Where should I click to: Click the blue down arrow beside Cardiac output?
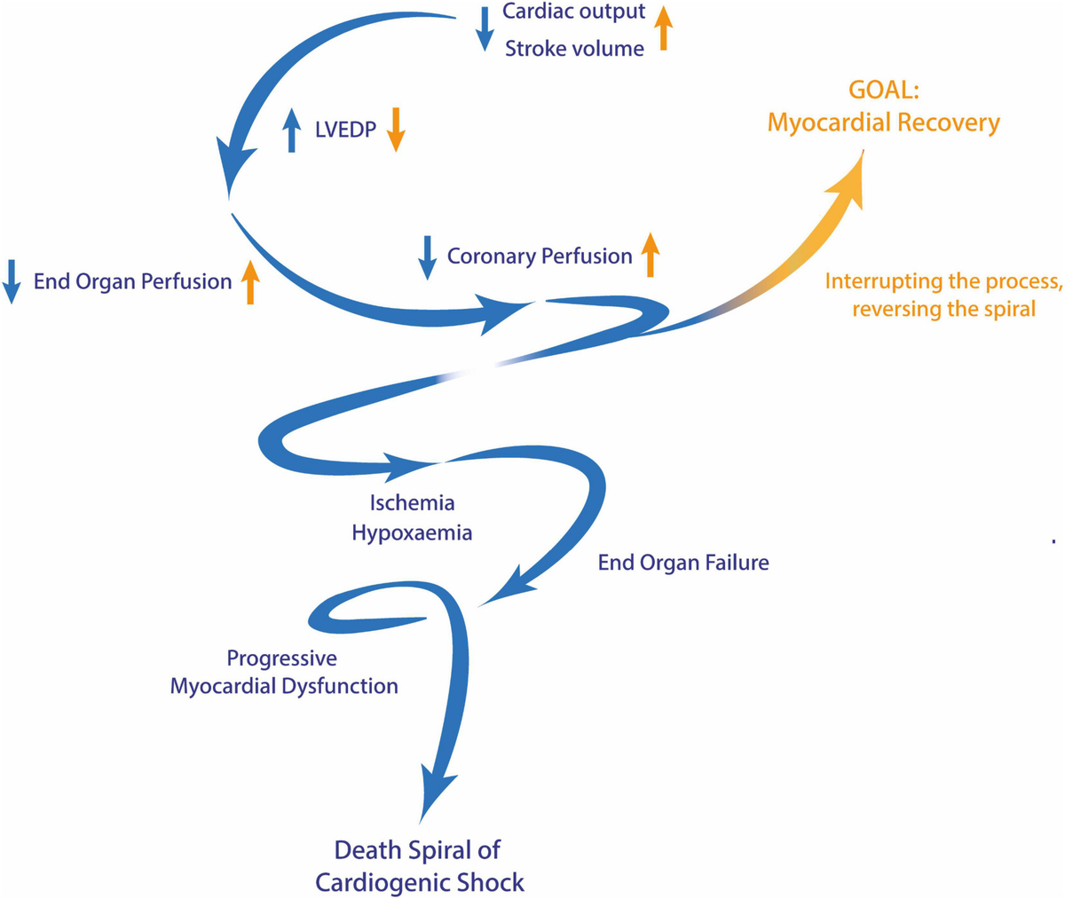click(x=485, y=28)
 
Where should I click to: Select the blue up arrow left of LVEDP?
click(x=292, y=130)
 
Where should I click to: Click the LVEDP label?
click(x=345, y=130)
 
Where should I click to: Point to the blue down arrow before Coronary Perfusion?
click(x=428, y=256)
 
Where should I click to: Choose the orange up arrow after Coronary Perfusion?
click(x=651, y=256)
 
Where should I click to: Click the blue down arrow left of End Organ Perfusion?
click(x=12, y=282)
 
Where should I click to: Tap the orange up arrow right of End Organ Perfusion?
click(x=250, y=282)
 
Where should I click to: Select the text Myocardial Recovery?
click(x=883, y=122)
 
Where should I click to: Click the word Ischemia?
click(x=412, y=503)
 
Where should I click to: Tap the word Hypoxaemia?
click(x=412, y=533)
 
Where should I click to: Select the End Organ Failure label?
click(x=682, y=563)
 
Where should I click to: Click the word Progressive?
click(x=281, y=658)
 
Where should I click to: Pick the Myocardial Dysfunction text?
click(x=284, y=686)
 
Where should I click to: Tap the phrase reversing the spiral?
click(x=943, y=310)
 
